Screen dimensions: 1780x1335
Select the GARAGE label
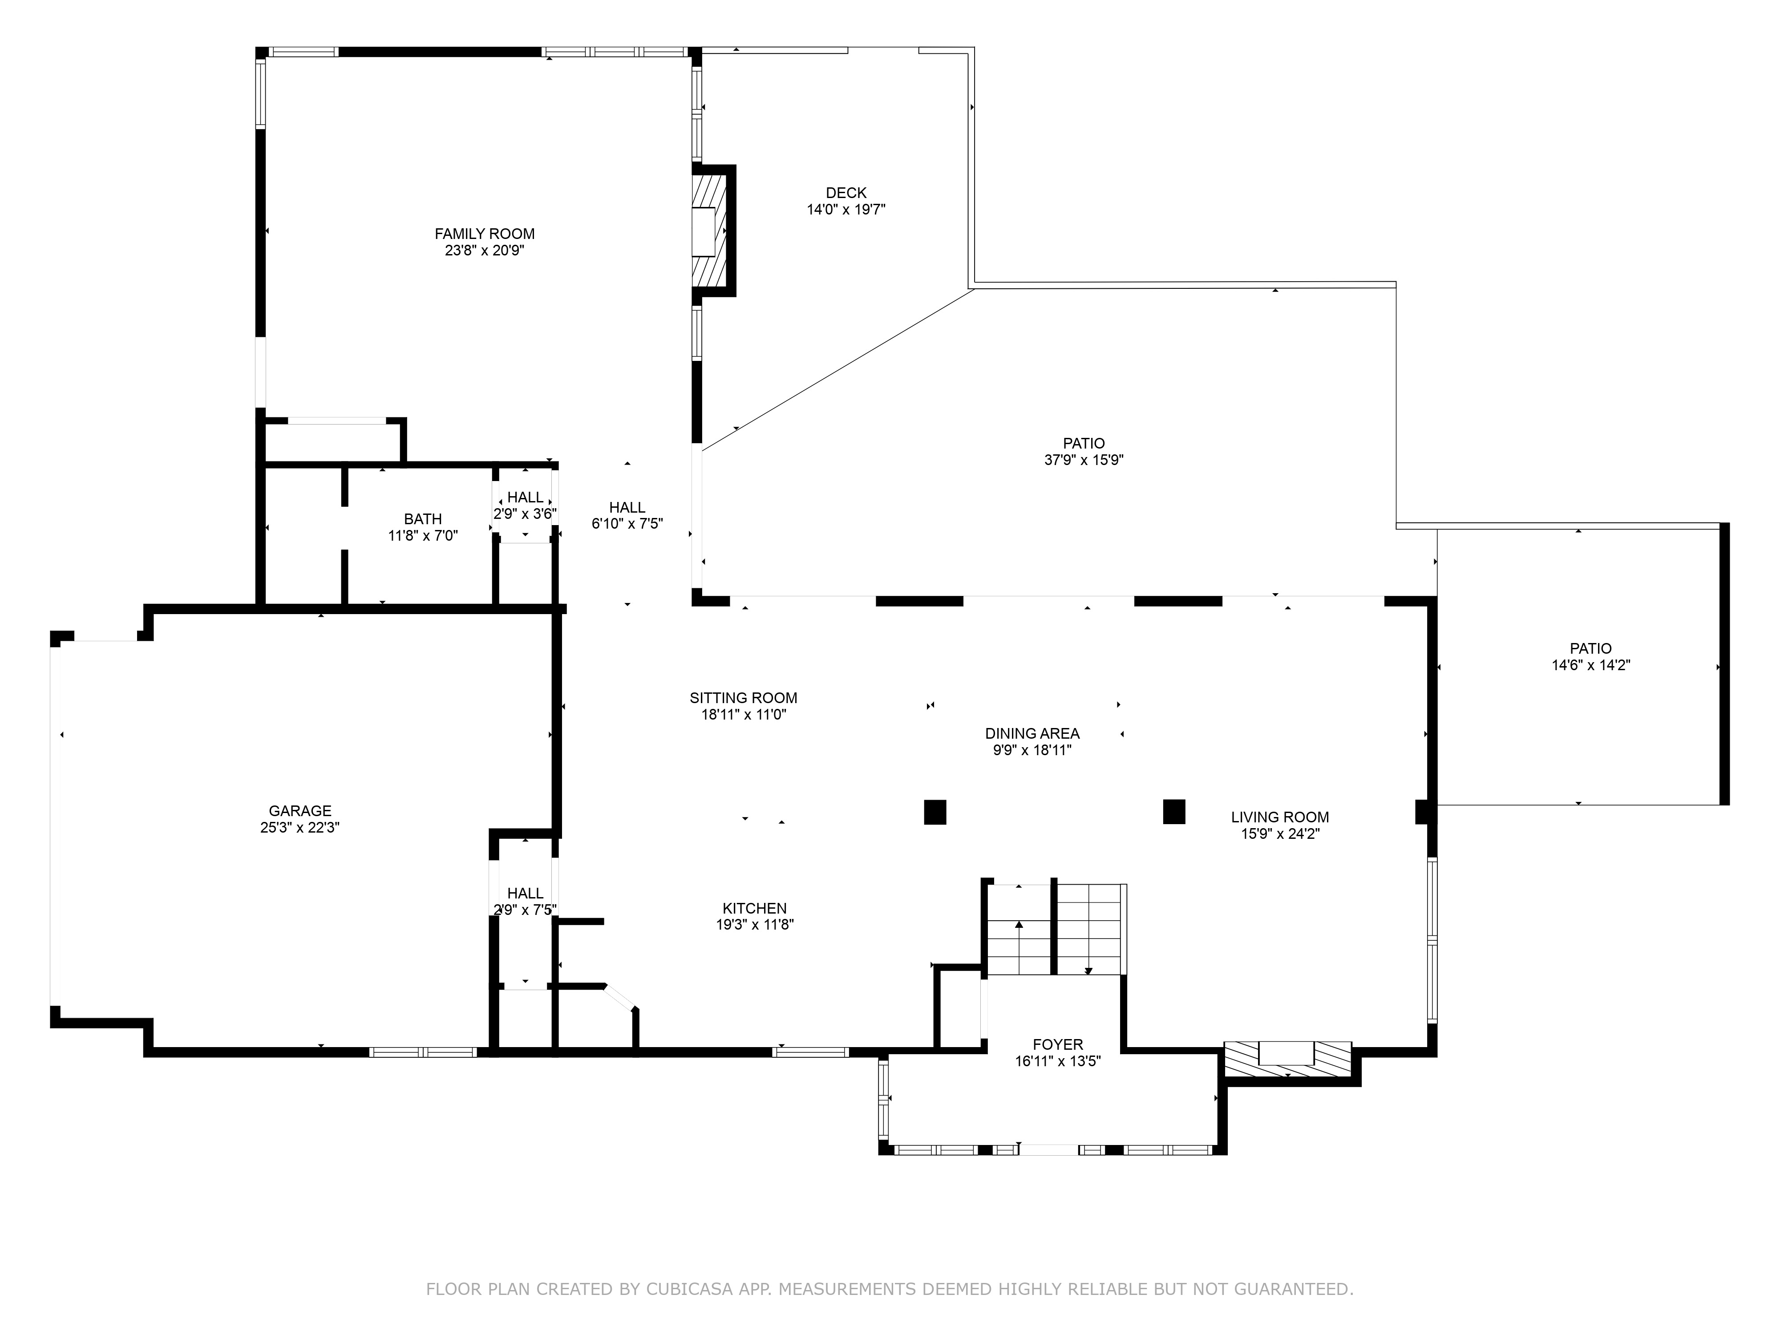click(300, 811)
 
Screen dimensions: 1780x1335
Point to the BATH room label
click(422, 519)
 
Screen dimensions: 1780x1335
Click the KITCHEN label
click(755, 909)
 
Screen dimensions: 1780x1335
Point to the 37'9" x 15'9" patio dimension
click(1084, 460)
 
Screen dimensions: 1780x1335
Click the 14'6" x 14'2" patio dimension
click(1591, 665)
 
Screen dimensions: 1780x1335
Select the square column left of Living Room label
click(1174, 811)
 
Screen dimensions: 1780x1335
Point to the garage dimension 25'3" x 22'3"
click(300, 828)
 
